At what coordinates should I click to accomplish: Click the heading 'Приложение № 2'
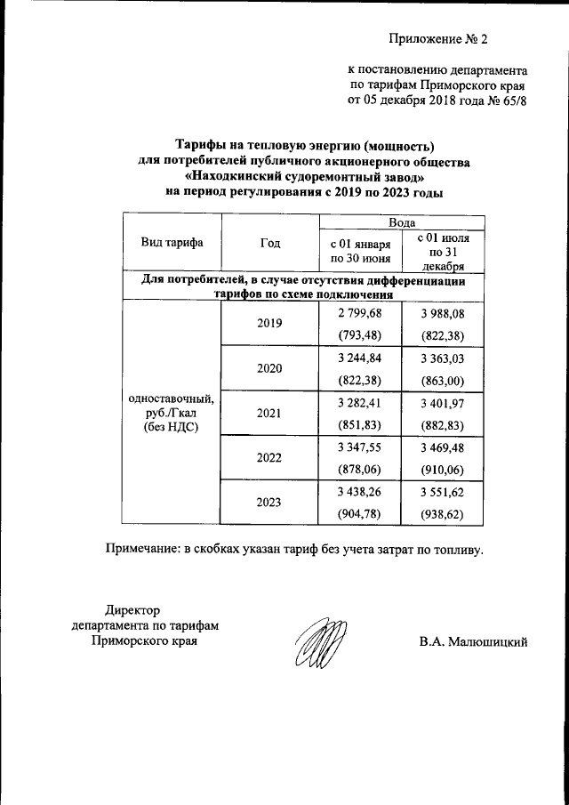point(438,40)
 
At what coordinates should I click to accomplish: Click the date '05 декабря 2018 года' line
point(437,101)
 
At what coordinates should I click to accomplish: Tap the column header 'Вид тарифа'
point(171,243)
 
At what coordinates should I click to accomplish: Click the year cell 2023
point(269,503)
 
